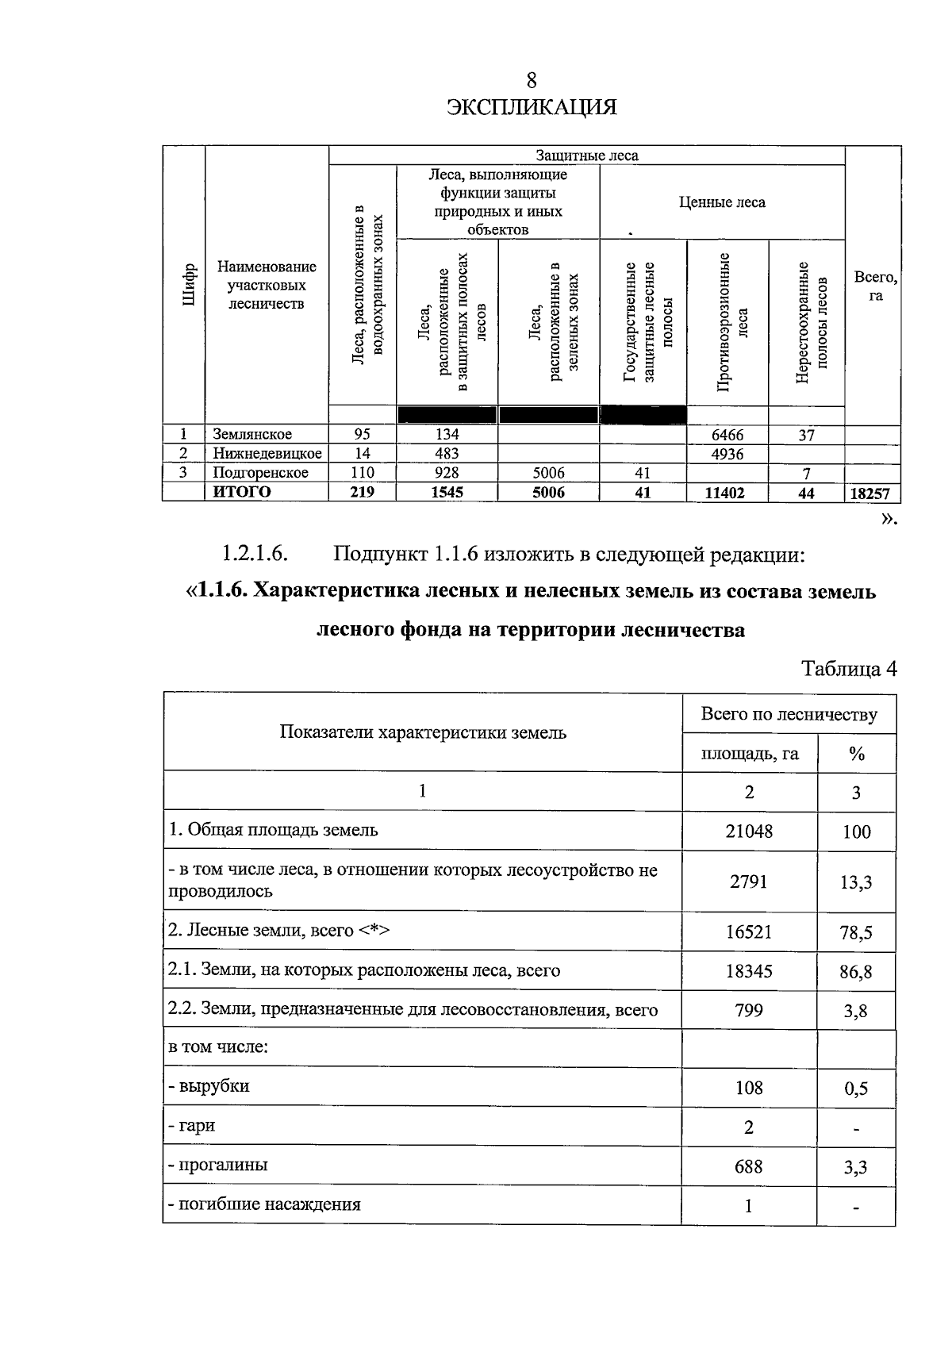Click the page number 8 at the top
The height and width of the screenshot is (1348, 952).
531,80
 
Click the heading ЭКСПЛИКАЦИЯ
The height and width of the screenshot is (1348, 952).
531,107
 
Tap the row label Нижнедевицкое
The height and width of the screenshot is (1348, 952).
267,454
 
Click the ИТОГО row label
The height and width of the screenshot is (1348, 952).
242,492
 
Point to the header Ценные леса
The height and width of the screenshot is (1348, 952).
722,202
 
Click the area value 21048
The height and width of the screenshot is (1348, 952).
749,831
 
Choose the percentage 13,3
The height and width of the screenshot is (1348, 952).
856,881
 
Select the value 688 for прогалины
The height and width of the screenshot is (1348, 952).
748,1166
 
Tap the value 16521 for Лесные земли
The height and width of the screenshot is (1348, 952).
748,931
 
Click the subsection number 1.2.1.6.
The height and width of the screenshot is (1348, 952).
255,554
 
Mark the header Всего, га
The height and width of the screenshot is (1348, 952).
874,286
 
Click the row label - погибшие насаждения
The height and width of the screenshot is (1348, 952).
264,1204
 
